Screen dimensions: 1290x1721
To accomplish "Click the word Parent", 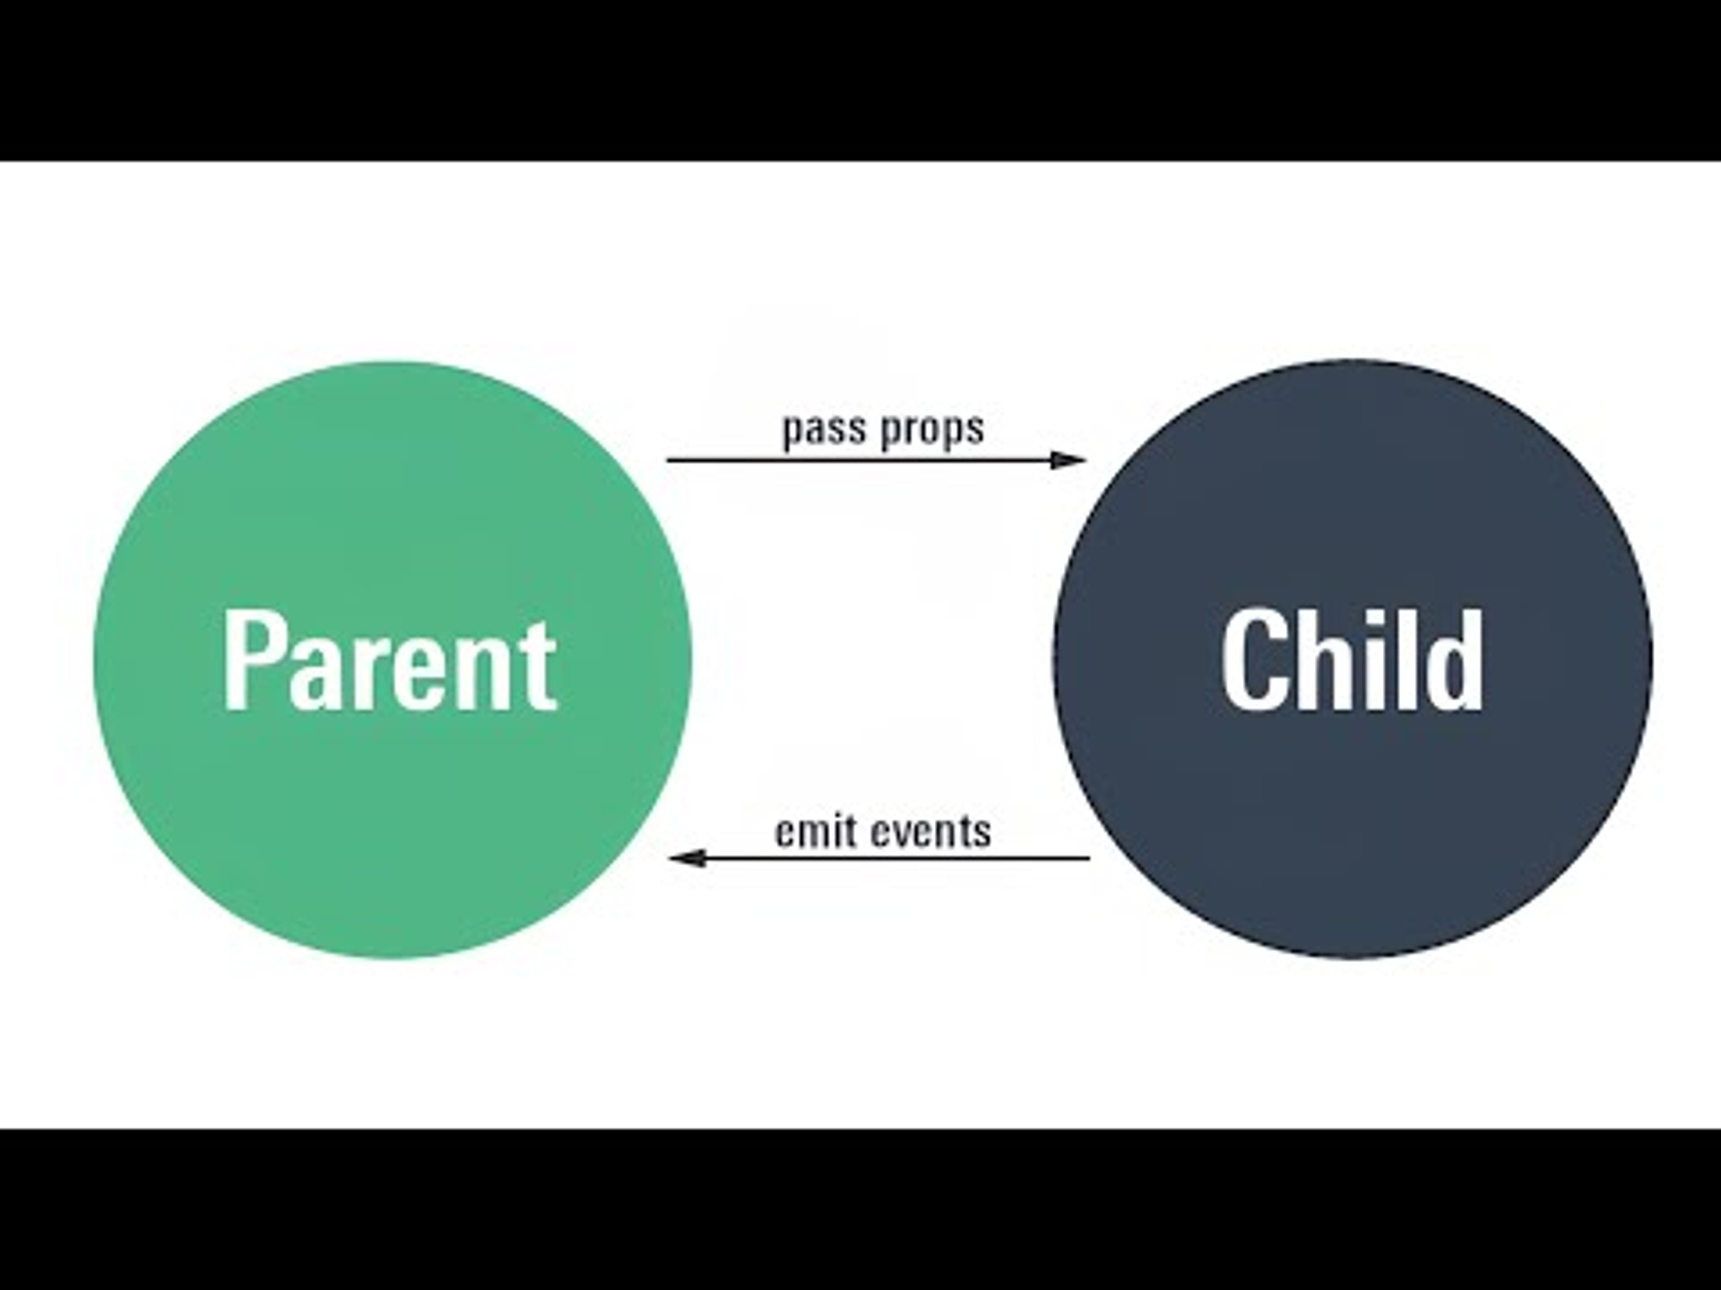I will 390,661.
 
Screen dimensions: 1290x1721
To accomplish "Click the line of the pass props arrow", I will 856,460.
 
